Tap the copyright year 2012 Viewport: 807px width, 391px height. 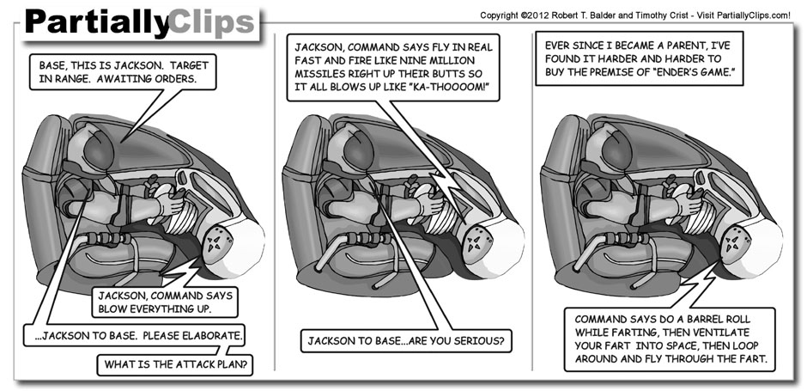[x=561, y=15]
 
